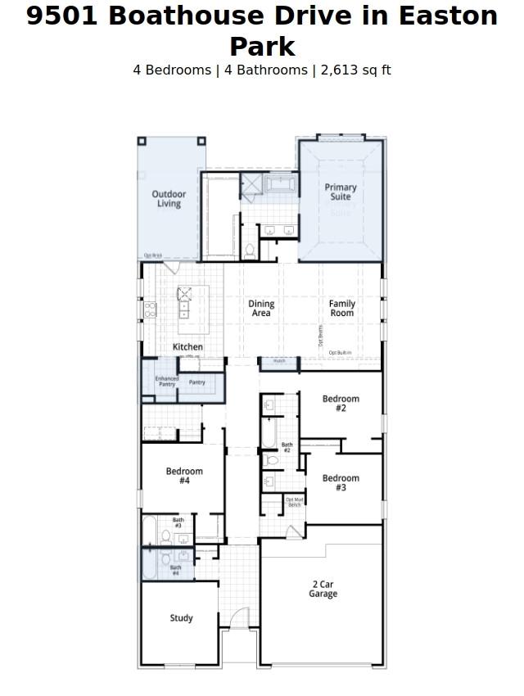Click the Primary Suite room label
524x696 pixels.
click(341, 192)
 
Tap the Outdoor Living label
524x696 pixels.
click(169, 199)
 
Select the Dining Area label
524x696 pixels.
click(261, 308)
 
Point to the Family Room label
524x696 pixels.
click(342, 308)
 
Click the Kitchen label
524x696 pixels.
click(187, 347)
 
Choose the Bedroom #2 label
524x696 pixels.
click(341, 404)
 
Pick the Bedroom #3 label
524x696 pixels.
click(341, 483)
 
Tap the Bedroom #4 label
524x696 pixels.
click(184, 476)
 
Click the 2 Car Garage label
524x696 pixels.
click(323, 589)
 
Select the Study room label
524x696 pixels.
click(181, 618)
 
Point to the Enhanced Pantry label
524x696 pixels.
click(167, 381)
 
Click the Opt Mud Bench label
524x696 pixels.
click(294, 502)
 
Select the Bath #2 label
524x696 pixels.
click(287, 448)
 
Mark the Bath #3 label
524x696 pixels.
click(178, 522)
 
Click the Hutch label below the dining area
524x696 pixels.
click(279, 361)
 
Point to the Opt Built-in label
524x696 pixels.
click(340, 353)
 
